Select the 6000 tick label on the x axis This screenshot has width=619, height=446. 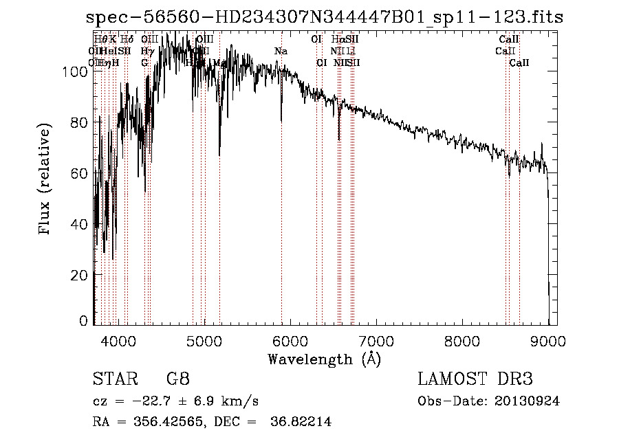(x=290, y=341)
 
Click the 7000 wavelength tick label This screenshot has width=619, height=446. (x=376, y=341)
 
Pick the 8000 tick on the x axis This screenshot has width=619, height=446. (x=462, y=341)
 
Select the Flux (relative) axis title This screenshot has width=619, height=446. (x=45, y=180)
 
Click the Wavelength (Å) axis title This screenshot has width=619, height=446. (x=324, y=359)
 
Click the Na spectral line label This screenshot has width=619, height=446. (x=281, y=52)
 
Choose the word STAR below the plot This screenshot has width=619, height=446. (x=113, y=379)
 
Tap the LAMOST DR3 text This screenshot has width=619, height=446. (x=475, y=379)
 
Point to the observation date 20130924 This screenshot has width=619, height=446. (x=530, y=401)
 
